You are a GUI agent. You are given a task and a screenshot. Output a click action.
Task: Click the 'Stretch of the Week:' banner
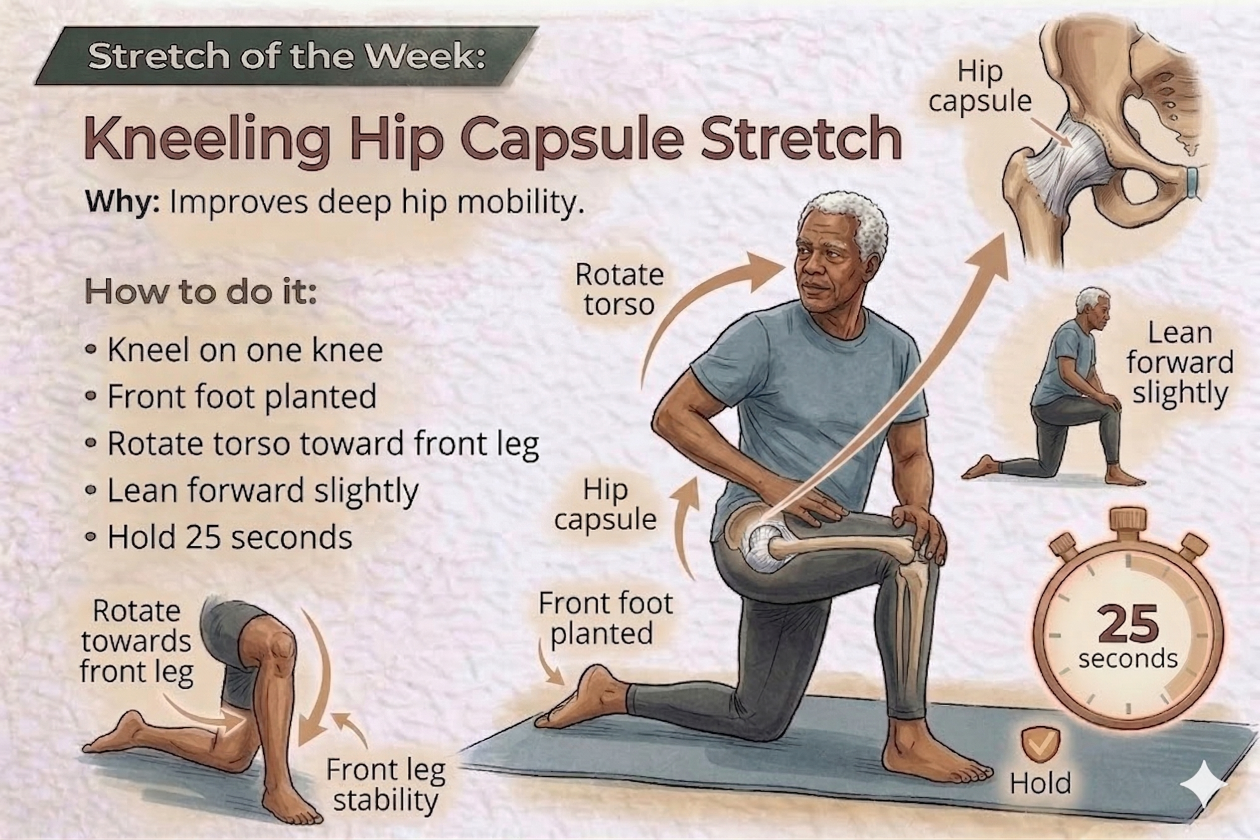(x=287, y=56)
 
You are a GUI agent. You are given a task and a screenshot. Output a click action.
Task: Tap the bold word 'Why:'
(x=123, y=202)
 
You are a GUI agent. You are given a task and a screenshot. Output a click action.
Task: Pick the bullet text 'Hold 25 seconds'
(x=230, y=537)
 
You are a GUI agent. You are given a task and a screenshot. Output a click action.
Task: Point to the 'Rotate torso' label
(x=620, y=290)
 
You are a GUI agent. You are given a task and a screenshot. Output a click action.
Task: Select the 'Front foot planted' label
(x=605, y=618)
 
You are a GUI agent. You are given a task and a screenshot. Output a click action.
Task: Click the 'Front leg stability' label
(x=386, y=785)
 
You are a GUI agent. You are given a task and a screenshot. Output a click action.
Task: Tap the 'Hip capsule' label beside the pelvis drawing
(x=980, y=86)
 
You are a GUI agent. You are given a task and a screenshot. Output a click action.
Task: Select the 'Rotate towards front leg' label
(x=136, y=642)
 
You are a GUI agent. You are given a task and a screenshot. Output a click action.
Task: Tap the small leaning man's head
(x=1093, y=306)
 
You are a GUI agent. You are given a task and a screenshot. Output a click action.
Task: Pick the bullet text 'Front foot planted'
(x=242, y=397)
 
